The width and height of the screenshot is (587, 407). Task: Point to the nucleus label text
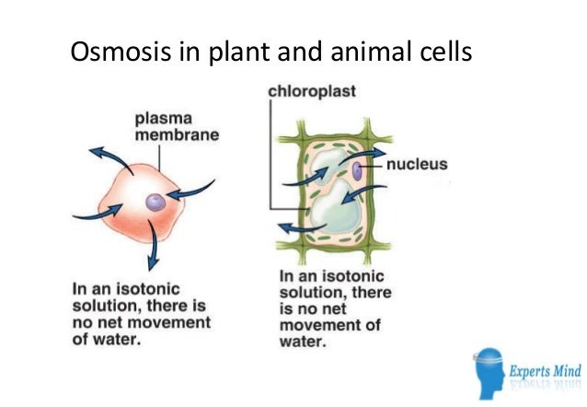[417, 166]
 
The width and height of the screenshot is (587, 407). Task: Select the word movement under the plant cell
[316, 326]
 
